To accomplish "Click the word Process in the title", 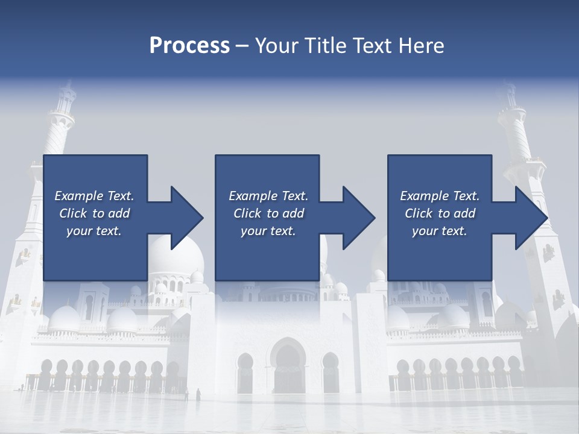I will [189, 46].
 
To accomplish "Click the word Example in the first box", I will [79, 196].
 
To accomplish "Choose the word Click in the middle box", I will [248, 213].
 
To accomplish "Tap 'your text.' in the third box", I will [439, 231].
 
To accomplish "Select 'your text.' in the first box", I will [94, 231].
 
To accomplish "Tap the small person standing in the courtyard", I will [198, 395].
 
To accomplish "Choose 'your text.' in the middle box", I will [268, 231].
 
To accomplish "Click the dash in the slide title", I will [242, 46].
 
